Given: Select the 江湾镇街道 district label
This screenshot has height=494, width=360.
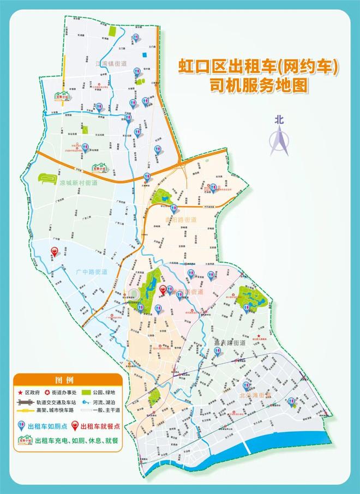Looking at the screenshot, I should [111, 63].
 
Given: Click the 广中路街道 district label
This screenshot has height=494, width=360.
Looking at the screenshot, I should [89, 271].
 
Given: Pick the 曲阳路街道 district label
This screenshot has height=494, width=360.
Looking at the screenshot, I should [181, 219].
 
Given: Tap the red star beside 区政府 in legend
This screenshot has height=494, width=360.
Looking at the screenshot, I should [21, 393].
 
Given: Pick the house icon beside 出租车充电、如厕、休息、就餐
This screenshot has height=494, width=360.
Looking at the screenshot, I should [23, 439].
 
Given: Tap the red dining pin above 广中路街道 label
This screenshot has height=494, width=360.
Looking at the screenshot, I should [55, 251].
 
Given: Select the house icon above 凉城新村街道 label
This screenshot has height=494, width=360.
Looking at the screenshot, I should [100, 168].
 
